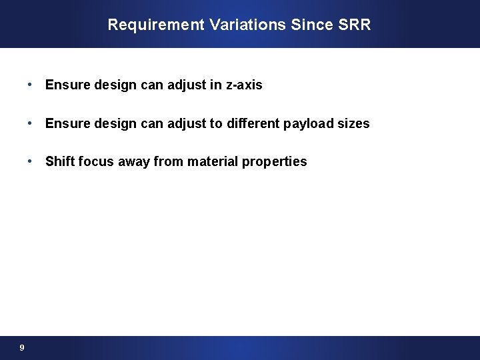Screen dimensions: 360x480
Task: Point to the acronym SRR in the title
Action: pos(355,25)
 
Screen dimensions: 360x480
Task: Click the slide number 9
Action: pos(22,347)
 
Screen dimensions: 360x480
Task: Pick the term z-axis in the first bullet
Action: pos(243,85)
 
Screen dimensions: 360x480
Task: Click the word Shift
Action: pos(59,161)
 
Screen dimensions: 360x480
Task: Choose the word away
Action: pos(135,162)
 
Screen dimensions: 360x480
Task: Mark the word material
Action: pos(214,161)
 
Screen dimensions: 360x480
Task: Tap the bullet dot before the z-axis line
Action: pos(31,85)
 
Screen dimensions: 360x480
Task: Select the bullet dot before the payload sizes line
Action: pos(31,124)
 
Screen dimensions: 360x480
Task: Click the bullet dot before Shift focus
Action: pos(31,161)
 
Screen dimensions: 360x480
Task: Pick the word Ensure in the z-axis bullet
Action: pos(65,85)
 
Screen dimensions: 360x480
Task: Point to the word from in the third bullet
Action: pos(172,161)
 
